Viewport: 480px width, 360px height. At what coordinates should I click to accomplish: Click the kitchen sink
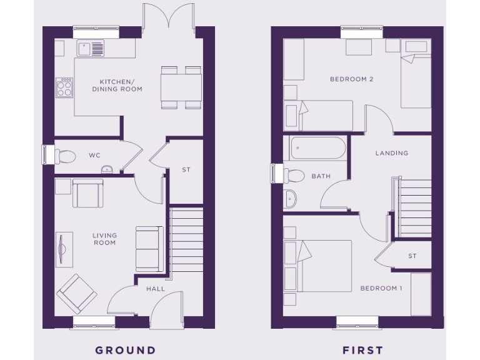point(91,48)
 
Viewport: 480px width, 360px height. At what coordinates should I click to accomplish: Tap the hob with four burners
point(65,87)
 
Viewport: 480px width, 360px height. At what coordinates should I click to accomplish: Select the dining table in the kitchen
point(181,87)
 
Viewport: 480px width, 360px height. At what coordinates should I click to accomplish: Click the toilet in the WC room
point(64,156)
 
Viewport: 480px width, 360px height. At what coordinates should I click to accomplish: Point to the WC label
point(95,155)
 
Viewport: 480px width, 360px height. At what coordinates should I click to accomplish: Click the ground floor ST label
point(186,169)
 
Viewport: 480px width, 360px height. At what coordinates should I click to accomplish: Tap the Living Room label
point(104,239)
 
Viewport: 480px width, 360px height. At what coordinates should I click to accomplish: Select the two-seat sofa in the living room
point(149,248)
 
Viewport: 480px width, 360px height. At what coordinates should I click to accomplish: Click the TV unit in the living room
point(63,250)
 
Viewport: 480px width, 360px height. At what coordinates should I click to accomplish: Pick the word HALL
point(156,289)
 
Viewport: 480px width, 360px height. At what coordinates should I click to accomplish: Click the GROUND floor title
point(125,350)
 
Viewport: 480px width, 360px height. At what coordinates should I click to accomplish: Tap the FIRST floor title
point(362,350)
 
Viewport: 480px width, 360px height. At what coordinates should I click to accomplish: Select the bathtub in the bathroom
point(317,149)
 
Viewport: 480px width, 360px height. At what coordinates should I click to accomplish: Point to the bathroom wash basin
point(291,199)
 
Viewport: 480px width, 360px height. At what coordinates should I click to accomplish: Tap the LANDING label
point(391,153)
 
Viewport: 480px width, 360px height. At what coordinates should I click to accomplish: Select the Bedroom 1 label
point(381,288)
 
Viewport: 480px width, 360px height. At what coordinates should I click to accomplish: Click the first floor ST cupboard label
point(412,256)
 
